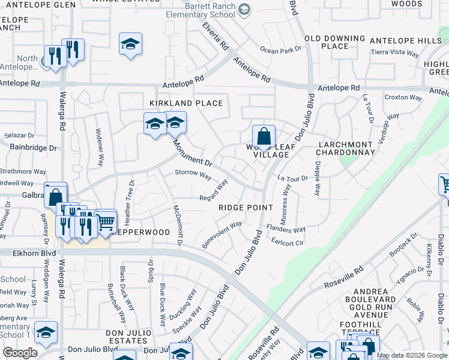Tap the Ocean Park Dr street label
(x=280, y=50)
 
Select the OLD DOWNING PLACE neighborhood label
(x=335, y=42)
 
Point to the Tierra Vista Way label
(x=394, y=52)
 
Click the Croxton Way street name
(x=403, y=97)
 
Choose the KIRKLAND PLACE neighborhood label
(x=186, y=103)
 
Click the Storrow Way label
(x=193, y=175)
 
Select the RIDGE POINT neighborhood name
(x=246, y=208)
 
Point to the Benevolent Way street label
(x=222, y=233)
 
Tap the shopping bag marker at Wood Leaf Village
(x=263, y=137)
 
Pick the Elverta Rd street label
(x=215, y=37)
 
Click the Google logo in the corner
(x=20, y=353)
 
